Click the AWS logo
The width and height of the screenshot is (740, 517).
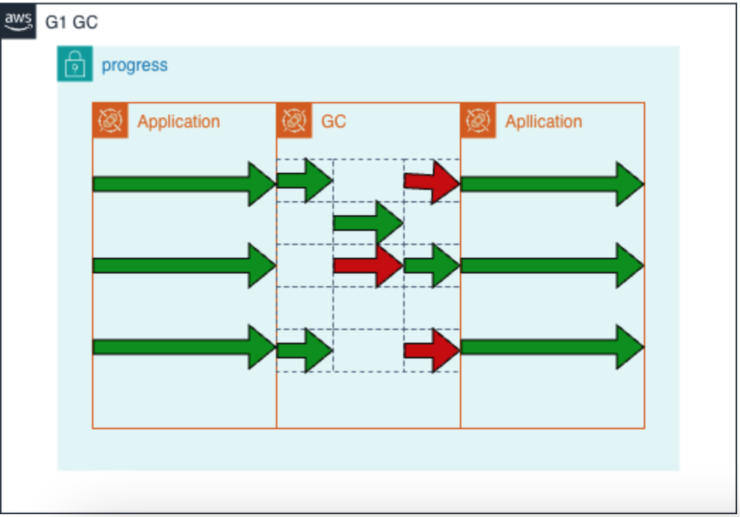click(18, 21)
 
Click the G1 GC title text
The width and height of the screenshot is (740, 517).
click(71, 22)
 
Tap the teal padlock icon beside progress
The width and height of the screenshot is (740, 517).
click(75, 64)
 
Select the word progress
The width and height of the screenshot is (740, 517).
click(134, 65)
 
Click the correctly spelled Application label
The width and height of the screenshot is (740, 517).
click(178, 121)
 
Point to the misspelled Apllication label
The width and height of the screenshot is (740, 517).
click(543, 121)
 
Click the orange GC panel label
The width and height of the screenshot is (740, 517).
click(333, 121)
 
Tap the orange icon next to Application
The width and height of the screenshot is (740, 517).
click(110, 120)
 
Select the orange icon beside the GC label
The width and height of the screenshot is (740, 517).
click(294, 120)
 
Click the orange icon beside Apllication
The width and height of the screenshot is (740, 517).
click(478, 120)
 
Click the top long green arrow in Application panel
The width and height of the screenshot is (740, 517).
click(184, 184)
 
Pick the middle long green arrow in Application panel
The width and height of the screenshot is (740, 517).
click(184, 266)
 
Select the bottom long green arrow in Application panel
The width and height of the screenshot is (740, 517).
click(184, 347)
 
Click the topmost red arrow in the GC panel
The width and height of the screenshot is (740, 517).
click(432, 182)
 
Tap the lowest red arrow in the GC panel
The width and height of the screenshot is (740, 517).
click(432, 350)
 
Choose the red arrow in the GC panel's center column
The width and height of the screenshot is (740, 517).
click(368, 266)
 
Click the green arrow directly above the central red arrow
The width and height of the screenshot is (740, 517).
click(368, 222)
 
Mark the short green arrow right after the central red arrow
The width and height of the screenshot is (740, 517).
click(432, 266)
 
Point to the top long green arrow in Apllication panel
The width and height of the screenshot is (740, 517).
click(552, 184)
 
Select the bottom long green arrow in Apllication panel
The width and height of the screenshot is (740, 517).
click(552, 347)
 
